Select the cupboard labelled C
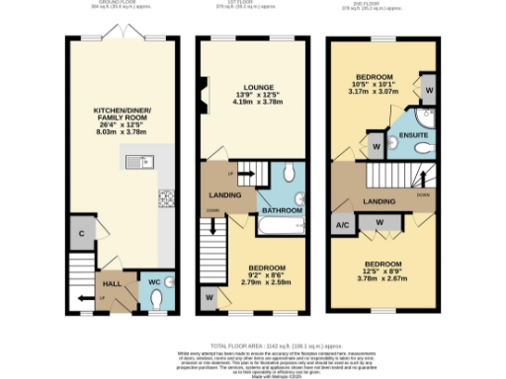pyautogui.click(x=80, y=234)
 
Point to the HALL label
pyautogui.click(x=112, y=281)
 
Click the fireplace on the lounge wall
pyautogui.click(x=202, y=98)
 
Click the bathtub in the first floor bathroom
pyautogui.click(x=280, y=228)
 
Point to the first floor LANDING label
pyautogui.click(x=224, y=194)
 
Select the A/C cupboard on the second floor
pyautogui.click(x=342, y=224)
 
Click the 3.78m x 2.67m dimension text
pyautogui.click(x=381, y=278)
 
